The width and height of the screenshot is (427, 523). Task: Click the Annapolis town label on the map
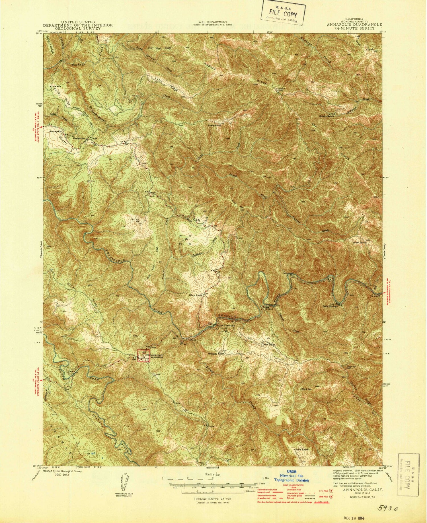coord(55,132)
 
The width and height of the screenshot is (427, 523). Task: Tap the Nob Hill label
coord(135,219)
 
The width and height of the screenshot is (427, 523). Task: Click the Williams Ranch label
coord(217,354)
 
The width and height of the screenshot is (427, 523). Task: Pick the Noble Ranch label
coord(301,449)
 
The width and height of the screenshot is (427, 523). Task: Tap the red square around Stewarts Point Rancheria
coord(143,356)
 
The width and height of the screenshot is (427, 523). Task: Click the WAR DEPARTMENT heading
coord(213,22)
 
